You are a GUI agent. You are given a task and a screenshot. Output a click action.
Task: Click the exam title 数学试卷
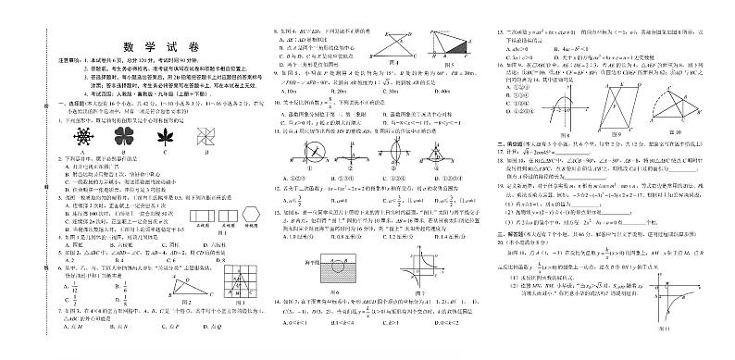(x=152, y=54)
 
